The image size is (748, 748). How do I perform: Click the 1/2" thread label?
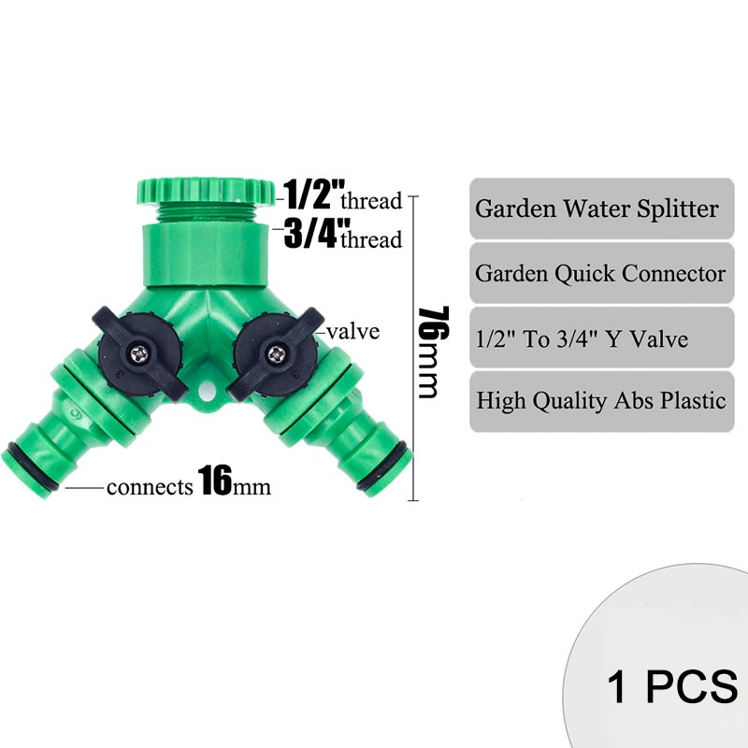[x=342, y=194]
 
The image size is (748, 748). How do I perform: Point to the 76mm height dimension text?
[x=427, y=351]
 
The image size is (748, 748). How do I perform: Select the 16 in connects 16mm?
[x=215, y=483]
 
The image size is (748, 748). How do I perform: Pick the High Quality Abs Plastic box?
[x=601, y=401]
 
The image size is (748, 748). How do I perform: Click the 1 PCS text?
[x=671, y=686]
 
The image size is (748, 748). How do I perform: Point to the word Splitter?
[x=679, y=208]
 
